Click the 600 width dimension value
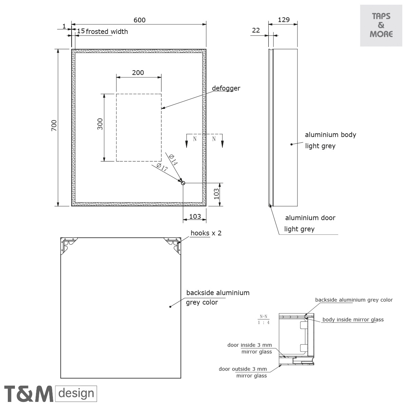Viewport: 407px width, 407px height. coord(139,20)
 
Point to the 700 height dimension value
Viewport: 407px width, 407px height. coord(54,125)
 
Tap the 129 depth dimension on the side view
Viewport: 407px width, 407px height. coord(284,20)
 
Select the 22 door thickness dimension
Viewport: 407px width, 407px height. coord(256,31)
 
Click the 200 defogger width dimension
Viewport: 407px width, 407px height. coord(138,73)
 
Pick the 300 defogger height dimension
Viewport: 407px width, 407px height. coord(100,124)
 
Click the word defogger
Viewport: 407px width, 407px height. coord(226,88)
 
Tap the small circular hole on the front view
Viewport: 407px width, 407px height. coord(183,183)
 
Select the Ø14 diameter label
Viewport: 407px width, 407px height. coord(173,160)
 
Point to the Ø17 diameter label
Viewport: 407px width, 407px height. coord(162,167)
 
